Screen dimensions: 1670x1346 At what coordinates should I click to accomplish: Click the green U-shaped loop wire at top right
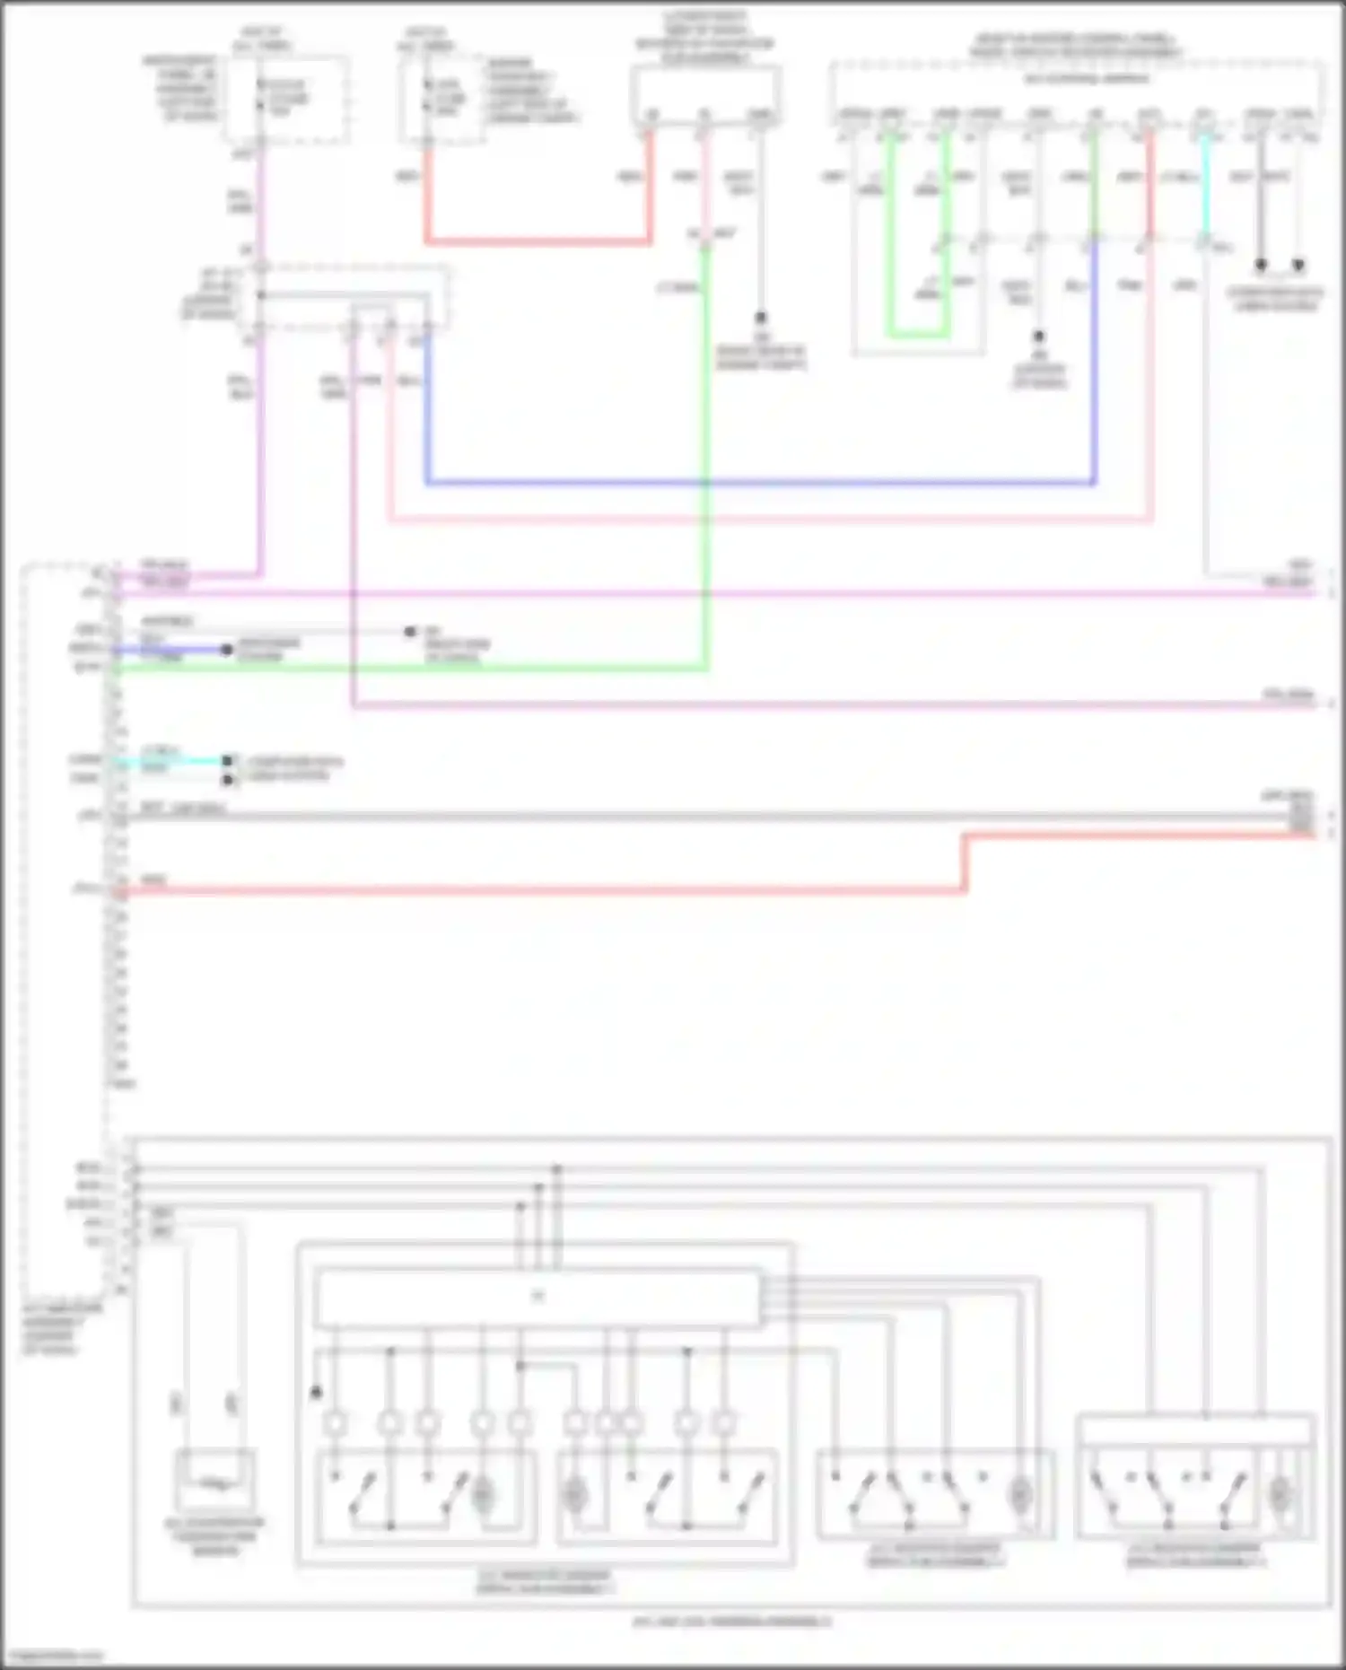pos(917,337)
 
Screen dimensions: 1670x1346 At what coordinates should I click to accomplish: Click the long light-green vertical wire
pos(706,449)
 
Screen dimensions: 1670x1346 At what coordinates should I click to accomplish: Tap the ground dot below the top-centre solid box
pos(760,318)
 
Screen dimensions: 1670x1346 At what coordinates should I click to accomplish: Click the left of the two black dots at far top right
pos(1261,266)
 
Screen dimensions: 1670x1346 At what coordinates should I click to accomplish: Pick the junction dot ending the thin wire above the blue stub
pos(410,632)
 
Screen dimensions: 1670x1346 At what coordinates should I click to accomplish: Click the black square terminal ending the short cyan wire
pos(228,761)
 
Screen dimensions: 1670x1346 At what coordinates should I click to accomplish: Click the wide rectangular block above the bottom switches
pos(538,1297)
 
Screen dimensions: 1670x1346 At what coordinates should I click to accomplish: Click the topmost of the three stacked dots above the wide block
pos(556,1169)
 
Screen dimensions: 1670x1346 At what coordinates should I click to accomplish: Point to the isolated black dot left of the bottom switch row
pos(316,1393)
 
